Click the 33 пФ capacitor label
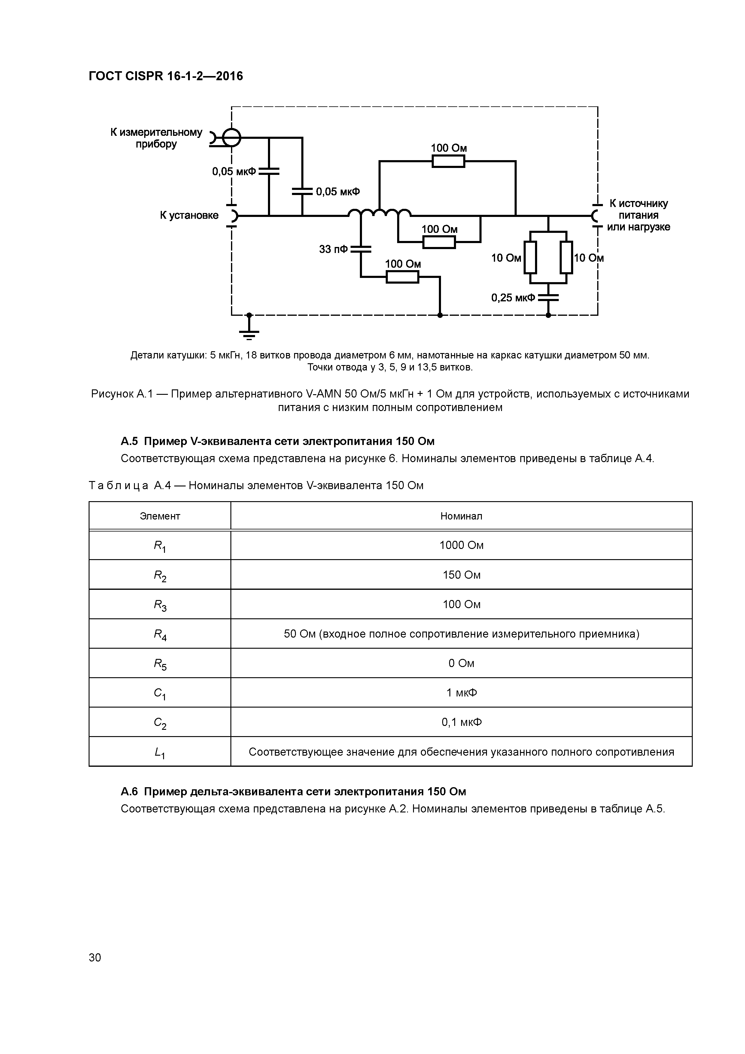333,250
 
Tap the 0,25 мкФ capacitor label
513,298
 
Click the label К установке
189,215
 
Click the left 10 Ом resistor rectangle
530,257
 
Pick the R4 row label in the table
160,635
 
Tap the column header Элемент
160,516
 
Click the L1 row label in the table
160,752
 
